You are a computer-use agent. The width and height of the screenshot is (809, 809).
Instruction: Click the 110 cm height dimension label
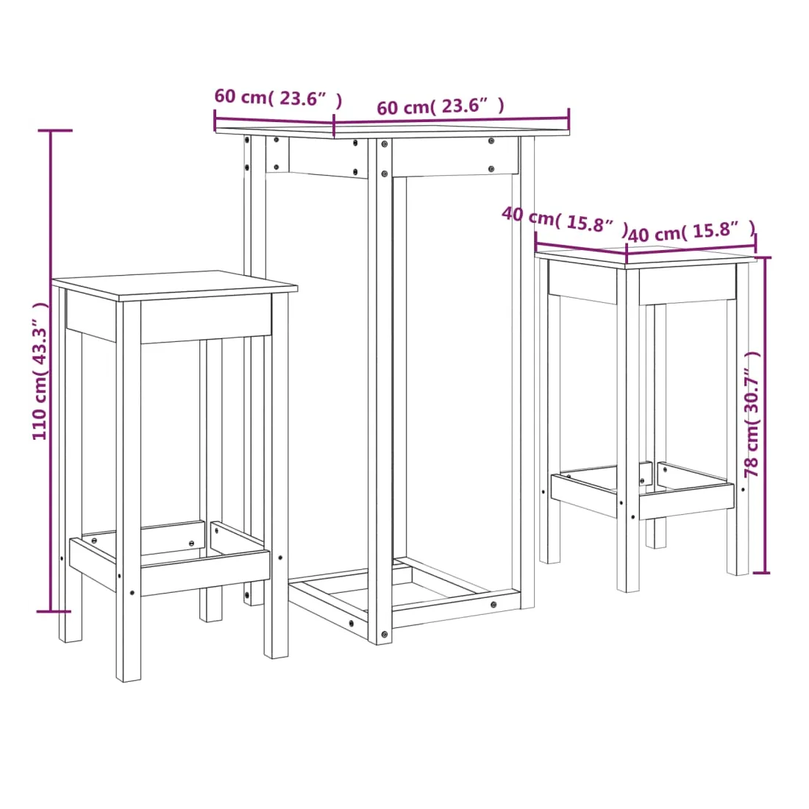pos(40,371)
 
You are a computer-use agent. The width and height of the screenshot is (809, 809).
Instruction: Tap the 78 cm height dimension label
pos(752,415)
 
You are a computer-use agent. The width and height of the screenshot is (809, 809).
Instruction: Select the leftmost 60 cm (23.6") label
pos(278,98)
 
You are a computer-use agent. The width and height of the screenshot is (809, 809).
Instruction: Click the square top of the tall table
pos(393,129)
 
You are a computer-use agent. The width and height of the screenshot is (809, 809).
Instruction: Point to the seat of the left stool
pos(174,285)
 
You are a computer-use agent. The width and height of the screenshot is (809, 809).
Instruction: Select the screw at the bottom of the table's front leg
pos(384,634)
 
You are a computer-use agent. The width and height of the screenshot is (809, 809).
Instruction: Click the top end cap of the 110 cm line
pos(55,130)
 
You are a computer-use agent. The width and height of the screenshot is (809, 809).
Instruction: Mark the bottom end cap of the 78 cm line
pos(761,572)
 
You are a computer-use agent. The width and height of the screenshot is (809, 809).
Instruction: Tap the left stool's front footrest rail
pos(205,573)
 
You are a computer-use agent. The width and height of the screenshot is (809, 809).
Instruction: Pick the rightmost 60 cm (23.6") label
pos(440,107)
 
